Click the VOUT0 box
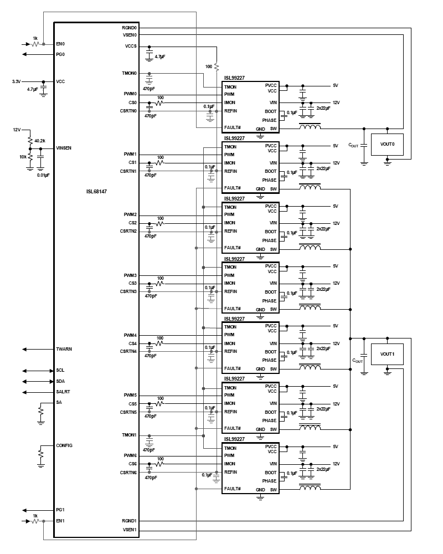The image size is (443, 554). pyautogui.click(x=387, y=144)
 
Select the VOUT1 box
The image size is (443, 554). pyautogui.click(x=387, y=354)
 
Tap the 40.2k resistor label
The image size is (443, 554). pyautogui.click(x=40, y=141)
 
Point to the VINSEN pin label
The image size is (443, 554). pyautogui.click(x=64, y=148)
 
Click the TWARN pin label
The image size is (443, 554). pyautogui.click(x=64, y=349)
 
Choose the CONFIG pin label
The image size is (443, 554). pyautogui.click(x=64, y=445)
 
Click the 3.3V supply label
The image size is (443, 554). pyautogui.click(x=17, y=81)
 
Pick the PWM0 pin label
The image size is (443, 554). pyautogui.click(x=130, y=94)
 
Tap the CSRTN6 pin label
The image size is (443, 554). pyautogui.click(x=129, y=472)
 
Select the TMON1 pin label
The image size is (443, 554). pyautogui.click(x=130, y=435)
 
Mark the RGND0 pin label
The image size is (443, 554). pyautogui.click(x=130, y=27)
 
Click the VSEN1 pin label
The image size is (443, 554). pyautogui.click(x=130, y=530)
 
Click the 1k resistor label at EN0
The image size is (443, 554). pyautogui.click(x=35, y=38)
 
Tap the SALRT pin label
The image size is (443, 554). pyautogui.click(x=63, y=392)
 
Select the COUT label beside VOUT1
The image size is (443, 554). pyautogui.click(x=357, y=361)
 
